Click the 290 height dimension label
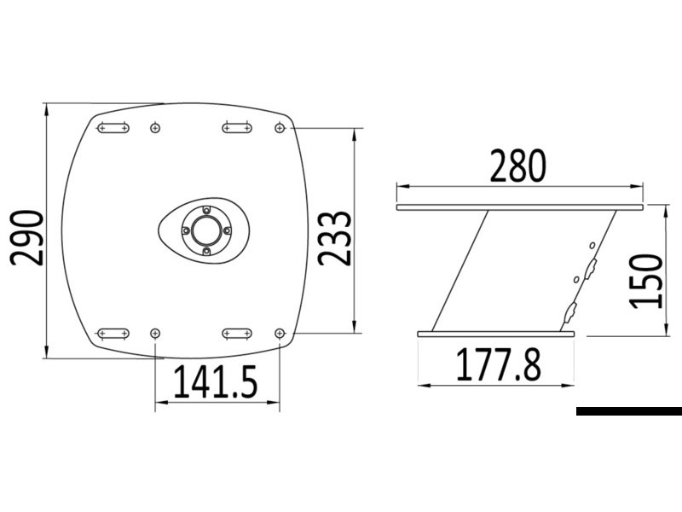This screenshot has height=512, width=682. click(26, 238)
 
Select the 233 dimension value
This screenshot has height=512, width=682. click(335, 238)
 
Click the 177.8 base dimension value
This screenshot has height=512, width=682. click(499, 365)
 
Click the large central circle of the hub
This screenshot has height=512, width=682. click(205, 230)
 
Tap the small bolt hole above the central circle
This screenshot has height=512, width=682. click(205, 209)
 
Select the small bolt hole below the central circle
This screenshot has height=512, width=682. click(205, 251)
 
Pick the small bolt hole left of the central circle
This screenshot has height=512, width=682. click(184, 230)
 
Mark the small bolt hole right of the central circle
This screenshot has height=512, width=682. click(226, 230)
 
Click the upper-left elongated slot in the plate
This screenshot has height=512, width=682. click(113, 128)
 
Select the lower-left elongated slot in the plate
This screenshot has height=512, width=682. click(113, 333)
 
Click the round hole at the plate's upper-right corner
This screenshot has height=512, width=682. click(280, 128)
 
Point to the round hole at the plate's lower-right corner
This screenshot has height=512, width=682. click(280, 333)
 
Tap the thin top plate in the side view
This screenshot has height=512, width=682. click(520, 207)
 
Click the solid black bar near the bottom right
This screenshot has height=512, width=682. click(628, 411)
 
